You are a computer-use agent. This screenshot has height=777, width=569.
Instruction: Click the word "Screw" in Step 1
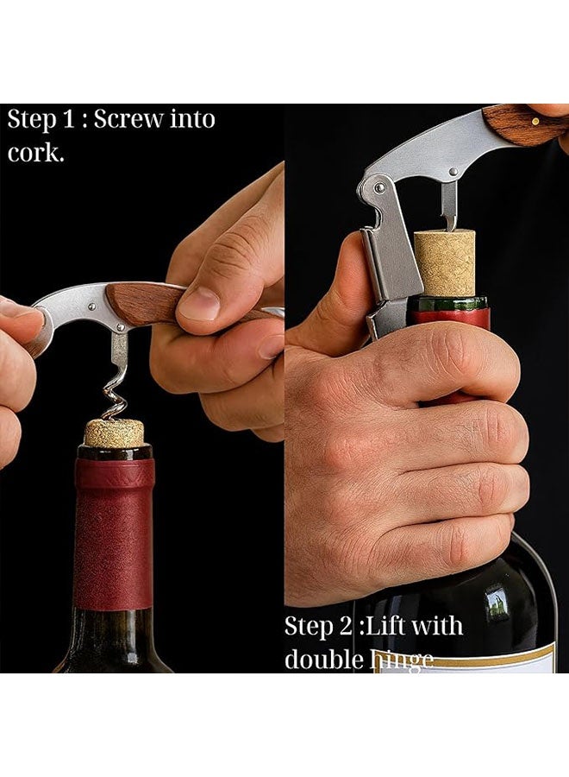click(127, 119)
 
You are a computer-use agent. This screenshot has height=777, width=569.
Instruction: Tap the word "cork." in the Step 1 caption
click(36, 153)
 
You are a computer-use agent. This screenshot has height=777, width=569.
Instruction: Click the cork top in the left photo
click(114, 432)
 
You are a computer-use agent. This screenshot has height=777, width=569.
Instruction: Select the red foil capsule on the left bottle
click(114, 531)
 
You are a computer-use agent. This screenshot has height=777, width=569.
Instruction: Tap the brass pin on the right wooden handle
click(535, 121)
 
